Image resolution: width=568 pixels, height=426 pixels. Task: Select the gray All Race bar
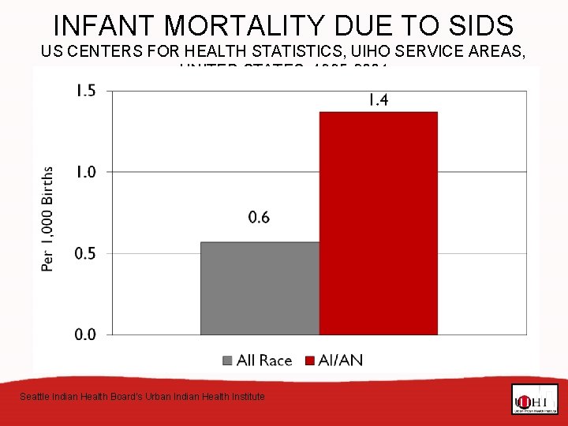pyautogui.click(x=260, y=288)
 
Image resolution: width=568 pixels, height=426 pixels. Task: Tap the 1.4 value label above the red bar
pyautogui.click(x=378, y=100)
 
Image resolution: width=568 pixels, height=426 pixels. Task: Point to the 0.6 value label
pyautogui.click(x=259, y=217)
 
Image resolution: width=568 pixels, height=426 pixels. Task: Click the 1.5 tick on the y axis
pyautogui.click(x=85, y=91)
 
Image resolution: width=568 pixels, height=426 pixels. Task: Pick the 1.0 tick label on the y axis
pyautogui.click(x=85, y=172)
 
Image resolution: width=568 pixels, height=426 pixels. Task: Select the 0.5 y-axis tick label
pyautogui.click(x=85, y=253)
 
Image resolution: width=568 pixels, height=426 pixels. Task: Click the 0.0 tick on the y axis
pyautogui.click(x=85, y=334)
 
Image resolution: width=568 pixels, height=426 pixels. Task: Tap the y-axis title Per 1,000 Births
pyautogui.click(x=48, y=218)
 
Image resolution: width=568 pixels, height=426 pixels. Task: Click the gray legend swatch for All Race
pyautogui.click(x=228, y=361)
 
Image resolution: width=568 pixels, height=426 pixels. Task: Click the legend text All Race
pyautogui.click(x=264, y=361)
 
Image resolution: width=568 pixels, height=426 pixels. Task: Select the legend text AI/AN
pyautogui.click(x=341, y=361)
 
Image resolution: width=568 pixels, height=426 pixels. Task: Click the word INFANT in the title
pyautogui.click(x=101, y=25)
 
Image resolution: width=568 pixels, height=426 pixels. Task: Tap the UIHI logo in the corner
pyautogui.click(x=534, y=399)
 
